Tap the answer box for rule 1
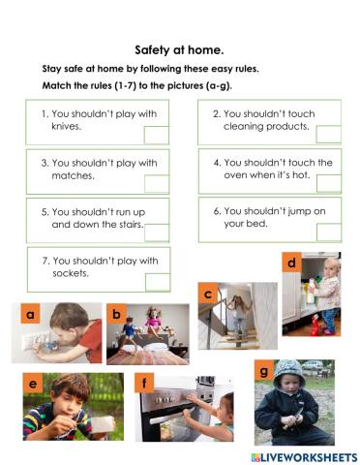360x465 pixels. coord(156,134)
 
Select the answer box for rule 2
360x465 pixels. coord(328,134)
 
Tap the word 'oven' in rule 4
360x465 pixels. coord(238,176)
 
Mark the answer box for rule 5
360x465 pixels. coord(156,232)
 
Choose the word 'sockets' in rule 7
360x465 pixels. coord(71,273)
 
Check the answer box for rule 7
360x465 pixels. coord(156,281)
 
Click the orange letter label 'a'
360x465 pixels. coord(31,315)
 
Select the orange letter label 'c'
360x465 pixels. coord(206,294)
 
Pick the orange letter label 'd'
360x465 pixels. coord(290,263)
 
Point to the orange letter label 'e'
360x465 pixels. coord(34,386)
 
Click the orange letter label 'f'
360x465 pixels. coord(145,386)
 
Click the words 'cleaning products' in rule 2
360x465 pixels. coord(266,127)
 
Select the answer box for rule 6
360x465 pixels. coord(328,232)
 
